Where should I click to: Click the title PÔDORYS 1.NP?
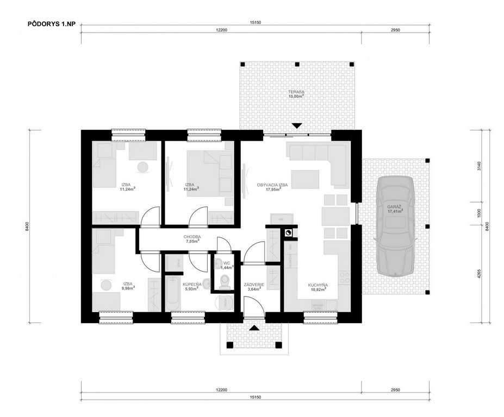(52, 24)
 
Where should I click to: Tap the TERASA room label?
(296, 92)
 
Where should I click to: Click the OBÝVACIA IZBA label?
(272, 185)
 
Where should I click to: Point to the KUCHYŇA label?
(318, 285)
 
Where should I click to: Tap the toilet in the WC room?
(224, 282)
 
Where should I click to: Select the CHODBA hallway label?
(192, 237)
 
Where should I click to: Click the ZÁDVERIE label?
(254, 285)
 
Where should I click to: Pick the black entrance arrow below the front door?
(254, 328)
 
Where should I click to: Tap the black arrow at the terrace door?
(297, 125)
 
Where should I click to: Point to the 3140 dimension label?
(479, 166)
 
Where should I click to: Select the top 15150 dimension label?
(255, 23)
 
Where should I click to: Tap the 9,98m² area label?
(128, 288)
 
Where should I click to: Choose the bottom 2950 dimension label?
(395, 390)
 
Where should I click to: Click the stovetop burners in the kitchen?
(345, 277)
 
